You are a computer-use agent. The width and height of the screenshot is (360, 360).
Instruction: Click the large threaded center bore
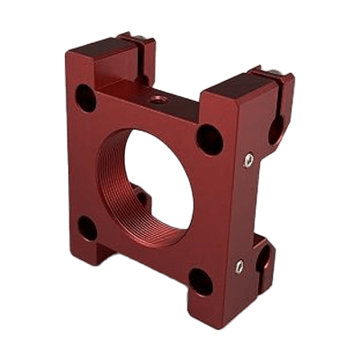(x=162, y=180)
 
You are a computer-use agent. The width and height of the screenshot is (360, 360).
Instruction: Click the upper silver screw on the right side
(x=248, y=159)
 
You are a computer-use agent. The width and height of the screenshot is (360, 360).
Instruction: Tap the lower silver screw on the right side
(x=238, y=265)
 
